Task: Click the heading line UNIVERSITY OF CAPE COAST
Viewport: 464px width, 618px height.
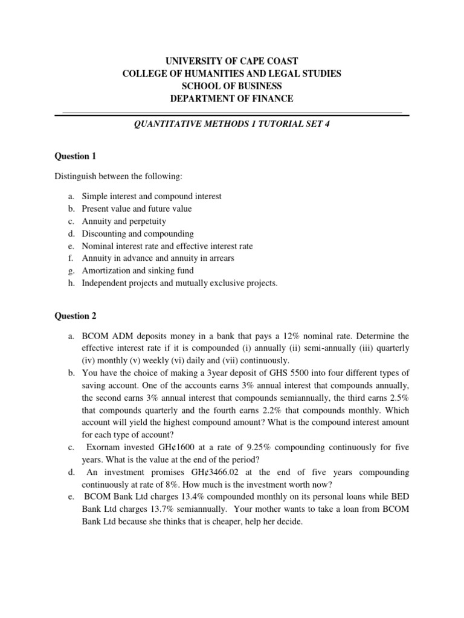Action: pos(232,61)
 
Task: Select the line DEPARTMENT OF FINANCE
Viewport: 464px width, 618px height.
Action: pos(232,99)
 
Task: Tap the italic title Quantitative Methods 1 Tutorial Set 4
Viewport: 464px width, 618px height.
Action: pos(232,125)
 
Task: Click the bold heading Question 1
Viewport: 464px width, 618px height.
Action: pos(76,156)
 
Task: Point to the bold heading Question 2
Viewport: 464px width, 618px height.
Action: pos(76,316)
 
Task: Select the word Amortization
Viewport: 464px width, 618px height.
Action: pos(105,270)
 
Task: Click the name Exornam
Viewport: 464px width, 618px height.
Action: pos(104,447)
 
